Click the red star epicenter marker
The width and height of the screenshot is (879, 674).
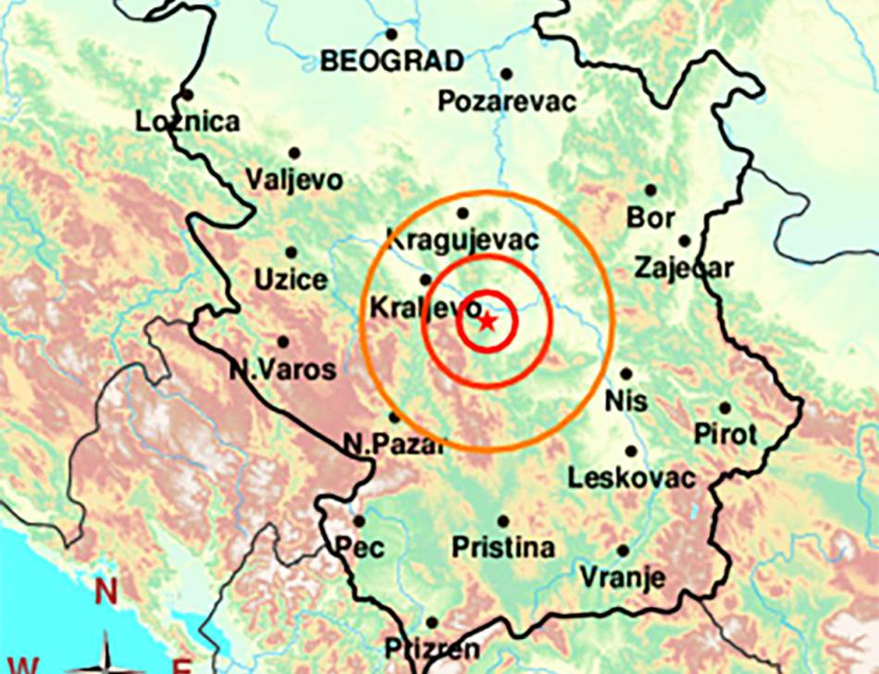point(488,321)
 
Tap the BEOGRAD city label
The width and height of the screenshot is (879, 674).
point(391,62)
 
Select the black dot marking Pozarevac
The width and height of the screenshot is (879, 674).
point(506,74)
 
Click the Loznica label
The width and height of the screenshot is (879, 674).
point(187,121)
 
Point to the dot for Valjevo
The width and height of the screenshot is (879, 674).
point(294,153)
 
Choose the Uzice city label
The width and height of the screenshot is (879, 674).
point(291,280)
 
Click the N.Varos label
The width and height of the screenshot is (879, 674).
point(282,371)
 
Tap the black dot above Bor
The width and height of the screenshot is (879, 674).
point(650,190)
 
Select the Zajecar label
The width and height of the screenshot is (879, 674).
point(684,268)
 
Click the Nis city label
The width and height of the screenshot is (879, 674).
point(626,402)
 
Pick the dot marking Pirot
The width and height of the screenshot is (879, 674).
point(724,408)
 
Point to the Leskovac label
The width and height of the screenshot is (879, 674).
point(631,478)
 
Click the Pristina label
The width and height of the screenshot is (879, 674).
point(503,547)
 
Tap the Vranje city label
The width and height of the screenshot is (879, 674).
point(622,578)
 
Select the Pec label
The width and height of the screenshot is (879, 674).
point(359,547)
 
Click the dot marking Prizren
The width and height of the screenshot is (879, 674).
point(432,622)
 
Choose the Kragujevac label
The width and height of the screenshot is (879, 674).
point(462,239)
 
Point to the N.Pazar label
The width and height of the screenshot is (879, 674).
point(393,444)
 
